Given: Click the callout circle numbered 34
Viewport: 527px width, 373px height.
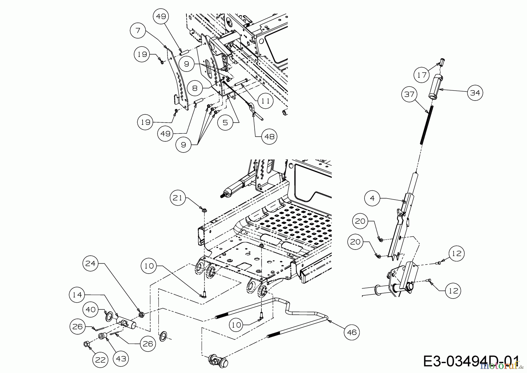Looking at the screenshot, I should (x=475, y=93).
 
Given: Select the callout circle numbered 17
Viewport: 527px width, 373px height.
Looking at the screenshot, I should (x=422, y=75).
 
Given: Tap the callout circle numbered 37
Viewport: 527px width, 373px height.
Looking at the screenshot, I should (x=410, y=94).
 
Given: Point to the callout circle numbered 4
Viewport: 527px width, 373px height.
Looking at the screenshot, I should (x=372, y=198).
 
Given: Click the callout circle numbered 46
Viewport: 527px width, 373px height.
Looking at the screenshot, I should (x=352, y=332).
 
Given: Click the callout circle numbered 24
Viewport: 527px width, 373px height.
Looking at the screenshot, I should (x=90, y=264).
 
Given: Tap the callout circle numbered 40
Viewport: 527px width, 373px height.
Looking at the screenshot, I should (x=91, y=309).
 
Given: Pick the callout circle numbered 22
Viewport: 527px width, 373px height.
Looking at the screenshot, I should (x=100, y=360).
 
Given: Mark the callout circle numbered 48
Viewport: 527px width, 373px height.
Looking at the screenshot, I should (x=269, y=136).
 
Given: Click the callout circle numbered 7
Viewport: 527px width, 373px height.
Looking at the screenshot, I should (x=138, y=30).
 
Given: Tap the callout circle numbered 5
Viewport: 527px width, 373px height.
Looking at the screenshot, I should (x=225, y=122).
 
